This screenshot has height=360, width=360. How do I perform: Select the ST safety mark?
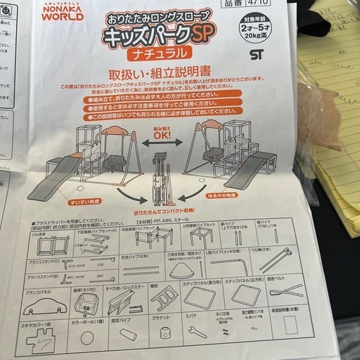pos(254,51)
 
